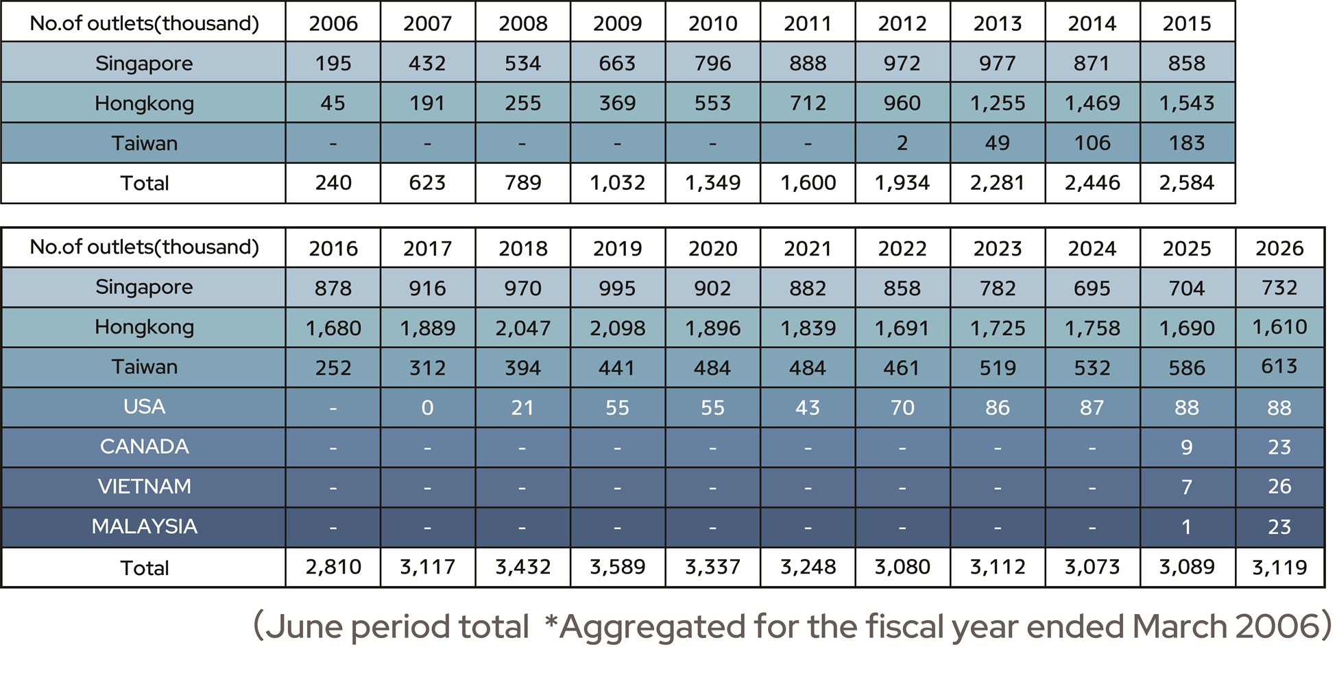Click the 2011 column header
pyautogui.click(x=808, y=23)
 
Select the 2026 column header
pyautogui.click(x=1279, y=248)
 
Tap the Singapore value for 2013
pyautogui.click(x=997, y=63)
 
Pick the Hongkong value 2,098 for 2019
pyautogui.click(x=617, y=328)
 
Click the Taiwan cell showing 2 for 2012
pyautogui.click(x=902, y=143)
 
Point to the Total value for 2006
pyautogui.click(x=333, y=183)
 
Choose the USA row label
pyautogui.click(x=144, y=406)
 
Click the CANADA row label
pyautogui.click(x=144, y=446)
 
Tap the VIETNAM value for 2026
pyautogui.click(x=1279, y=487)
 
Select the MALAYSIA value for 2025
pyautogui.click(x=1187, y=527)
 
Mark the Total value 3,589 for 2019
pyautogui.click(x=617, y=567)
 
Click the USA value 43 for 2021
pyautogui.click(x=808, y=408)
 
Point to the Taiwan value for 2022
pyautogui.click(x=902, y=368)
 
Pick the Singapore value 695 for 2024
pyautogui.click(x=1092, y=289)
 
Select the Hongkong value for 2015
pyautogui.click(x=1187, y=103)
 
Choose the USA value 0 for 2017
pyautogui.click(x=427, y=408)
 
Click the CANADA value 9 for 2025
pyautogui.click(x=1187, y=448)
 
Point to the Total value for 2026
pyautogui.click(x=1279, y=567)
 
